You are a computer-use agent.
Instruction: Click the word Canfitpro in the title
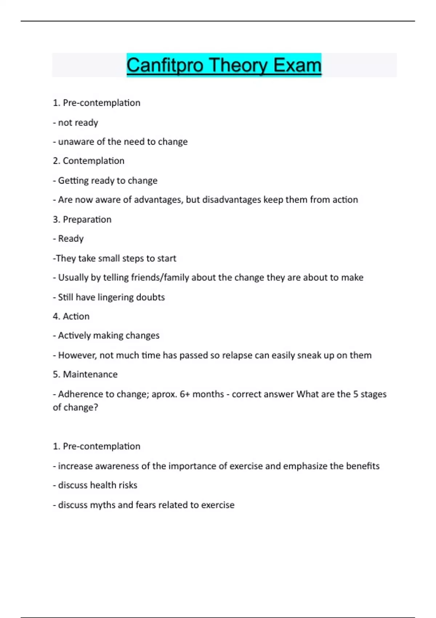(165, 65)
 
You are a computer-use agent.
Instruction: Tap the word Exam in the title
(297, 65)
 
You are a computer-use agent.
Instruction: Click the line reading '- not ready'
(76, 123)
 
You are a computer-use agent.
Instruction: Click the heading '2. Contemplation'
(89, 161)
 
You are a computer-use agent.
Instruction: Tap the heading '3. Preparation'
(82, 219)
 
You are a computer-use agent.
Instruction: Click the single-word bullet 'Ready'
(71, 238)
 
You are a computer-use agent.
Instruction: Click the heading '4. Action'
(71, 316)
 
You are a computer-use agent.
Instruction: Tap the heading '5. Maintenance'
(85, 374)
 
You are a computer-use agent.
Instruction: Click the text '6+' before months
(185, 394)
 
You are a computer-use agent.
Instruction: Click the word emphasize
(305, 466)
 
